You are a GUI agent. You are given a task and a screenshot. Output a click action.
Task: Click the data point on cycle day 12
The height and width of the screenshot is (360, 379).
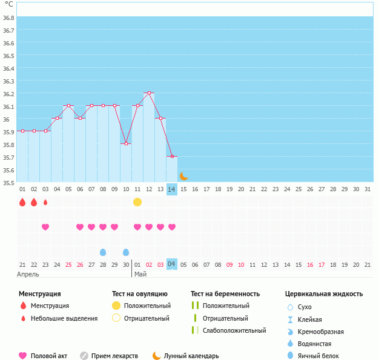tap(149, 93)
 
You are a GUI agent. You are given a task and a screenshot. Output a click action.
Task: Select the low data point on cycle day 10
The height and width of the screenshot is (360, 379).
tap(126, 143)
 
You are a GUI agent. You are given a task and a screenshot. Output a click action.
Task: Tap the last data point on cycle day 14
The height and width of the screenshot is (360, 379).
tap(172, 156)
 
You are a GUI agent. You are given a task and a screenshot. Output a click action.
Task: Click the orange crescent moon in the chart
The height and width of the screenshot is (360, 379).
tap(183, 176)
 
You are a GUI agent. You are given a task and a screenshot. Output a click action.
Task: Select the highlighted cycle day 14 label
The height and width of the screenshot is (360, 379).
tap(172, 189)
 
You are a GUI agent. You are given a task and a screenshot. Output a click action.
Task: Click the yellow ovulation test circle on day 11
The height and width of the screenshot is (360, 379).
tap(137, 201)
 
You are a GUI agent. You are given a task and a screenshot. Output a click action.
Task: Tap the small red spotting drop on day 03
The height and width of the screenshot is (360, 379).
tap(45, 202)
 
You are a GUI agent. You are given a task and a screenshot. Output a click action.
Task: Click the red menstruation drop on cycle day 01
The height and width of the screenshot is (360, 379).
tap(22, 202)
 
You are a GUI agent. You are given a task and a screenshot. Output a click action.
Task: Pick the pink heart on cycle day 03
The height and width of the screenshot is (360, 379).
tap(45, 227)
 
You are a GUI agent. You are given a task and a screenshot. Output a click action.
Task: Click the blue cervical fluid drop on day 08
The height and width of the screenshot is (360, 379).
tap(103, 252)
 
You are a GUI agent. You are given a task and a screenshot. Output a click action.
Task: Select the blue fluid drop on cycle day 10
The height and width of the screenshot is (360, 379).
tap(126, 252)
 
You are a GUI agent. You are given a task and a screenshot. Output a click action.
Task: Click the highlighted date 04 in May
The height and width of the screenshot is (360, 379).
tap(172, 264)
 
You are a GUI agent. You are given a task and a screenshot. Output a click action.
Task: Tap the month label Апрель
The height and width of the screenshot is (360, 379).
tap(28, 274)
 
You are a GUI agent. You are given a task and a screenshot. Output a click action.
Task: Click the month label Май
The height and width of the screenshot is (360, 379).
tap(140, 274)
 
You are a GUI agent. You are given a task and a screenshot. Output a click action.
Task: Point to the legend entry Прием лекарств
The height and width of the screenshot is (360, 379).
tap(114, 356)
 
